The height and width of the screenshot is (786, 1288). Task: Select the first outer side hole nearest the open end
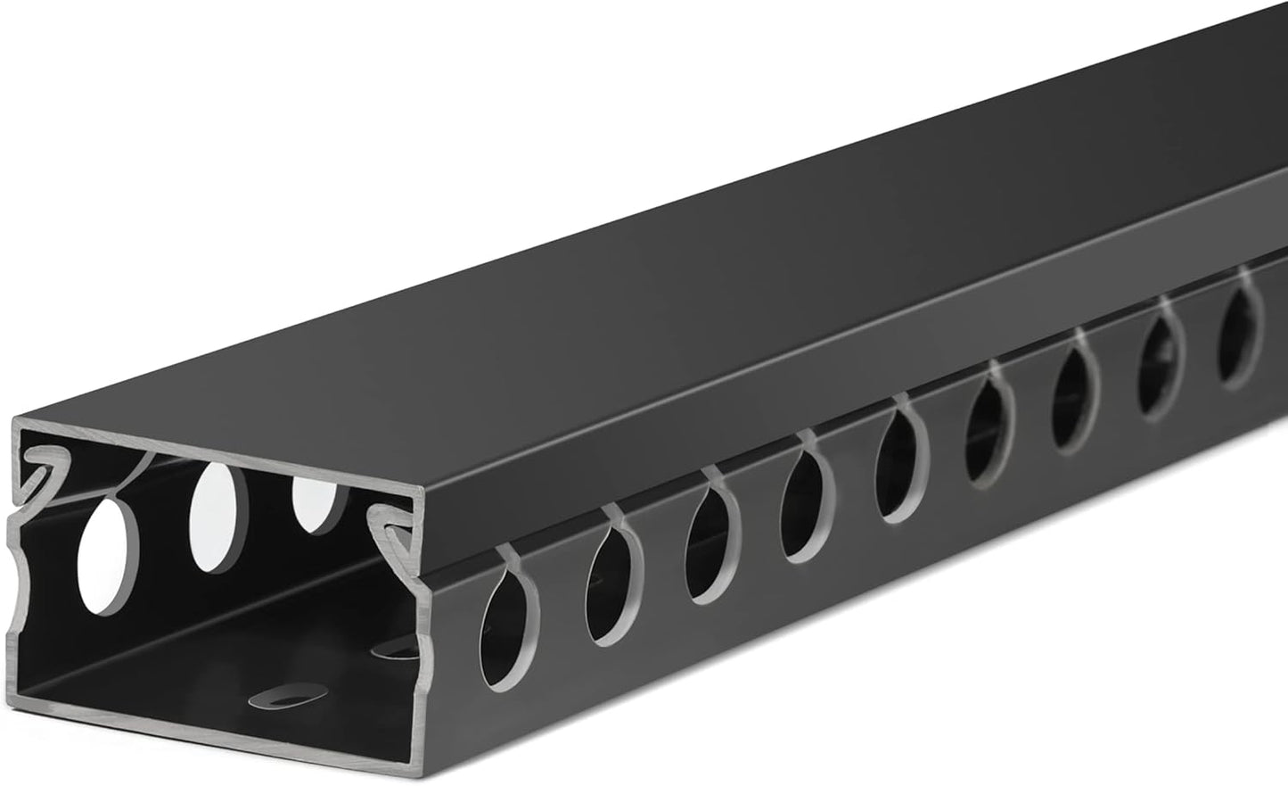pos(504,635)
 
